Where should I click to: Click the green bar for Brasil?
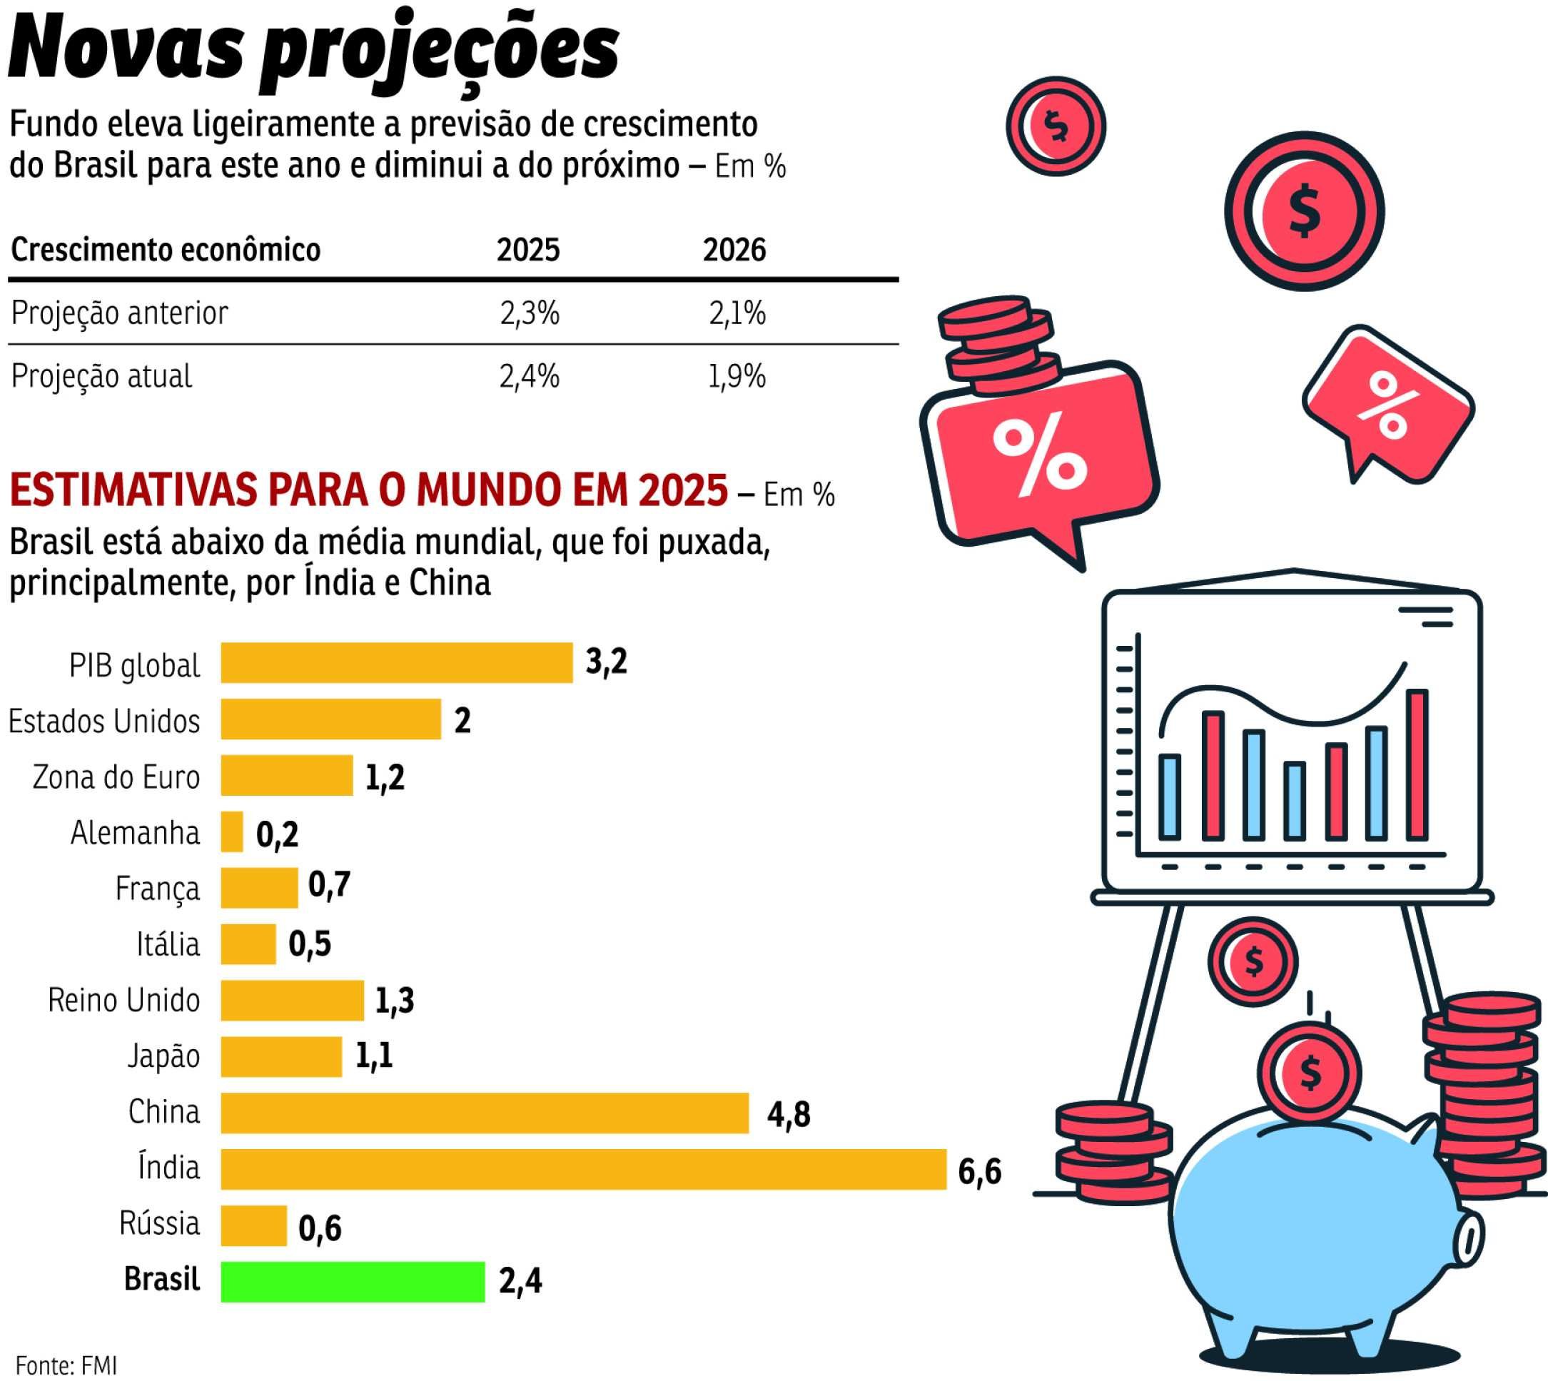coord(353,1282)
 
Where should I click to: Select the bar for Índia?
coord(584,1169)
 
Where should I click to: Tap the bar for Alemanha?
coord(232,831)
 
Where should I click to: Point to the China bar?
coord(485,1113)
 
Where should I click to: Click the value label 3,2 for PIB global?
coord(607,662)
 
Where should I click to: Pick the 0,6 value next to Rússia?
coord(320,1228)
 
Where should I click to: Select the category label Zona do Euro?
coord(116,777)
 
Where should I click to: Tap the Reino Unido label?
coord(123,1000)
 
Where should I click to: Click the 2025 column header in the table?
coord(528,250)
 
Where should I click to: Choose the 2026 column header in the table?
coord(734,250)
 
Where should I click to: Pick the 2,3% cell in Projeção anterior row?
coord(529,313)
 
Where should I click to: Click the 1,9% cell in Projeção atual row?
coord(736,376)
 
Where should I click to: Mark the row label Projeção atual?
coord(101,376)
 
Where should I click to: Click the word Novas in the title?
coord(125,49)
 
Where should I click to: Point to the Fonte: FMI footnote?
coord(67,1365)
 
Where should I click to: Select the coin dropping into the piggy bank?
coord(1310,1071)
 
